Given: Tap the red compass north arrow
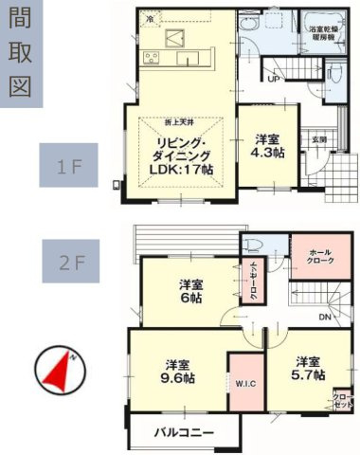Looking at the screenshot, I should (59, 373).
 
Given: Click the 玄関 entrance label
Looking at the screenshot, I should (320, 139).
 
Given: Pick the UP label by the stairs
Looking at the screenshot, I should (273, 80).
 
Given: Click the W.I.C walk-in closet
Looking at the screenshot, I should (244, 384).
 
